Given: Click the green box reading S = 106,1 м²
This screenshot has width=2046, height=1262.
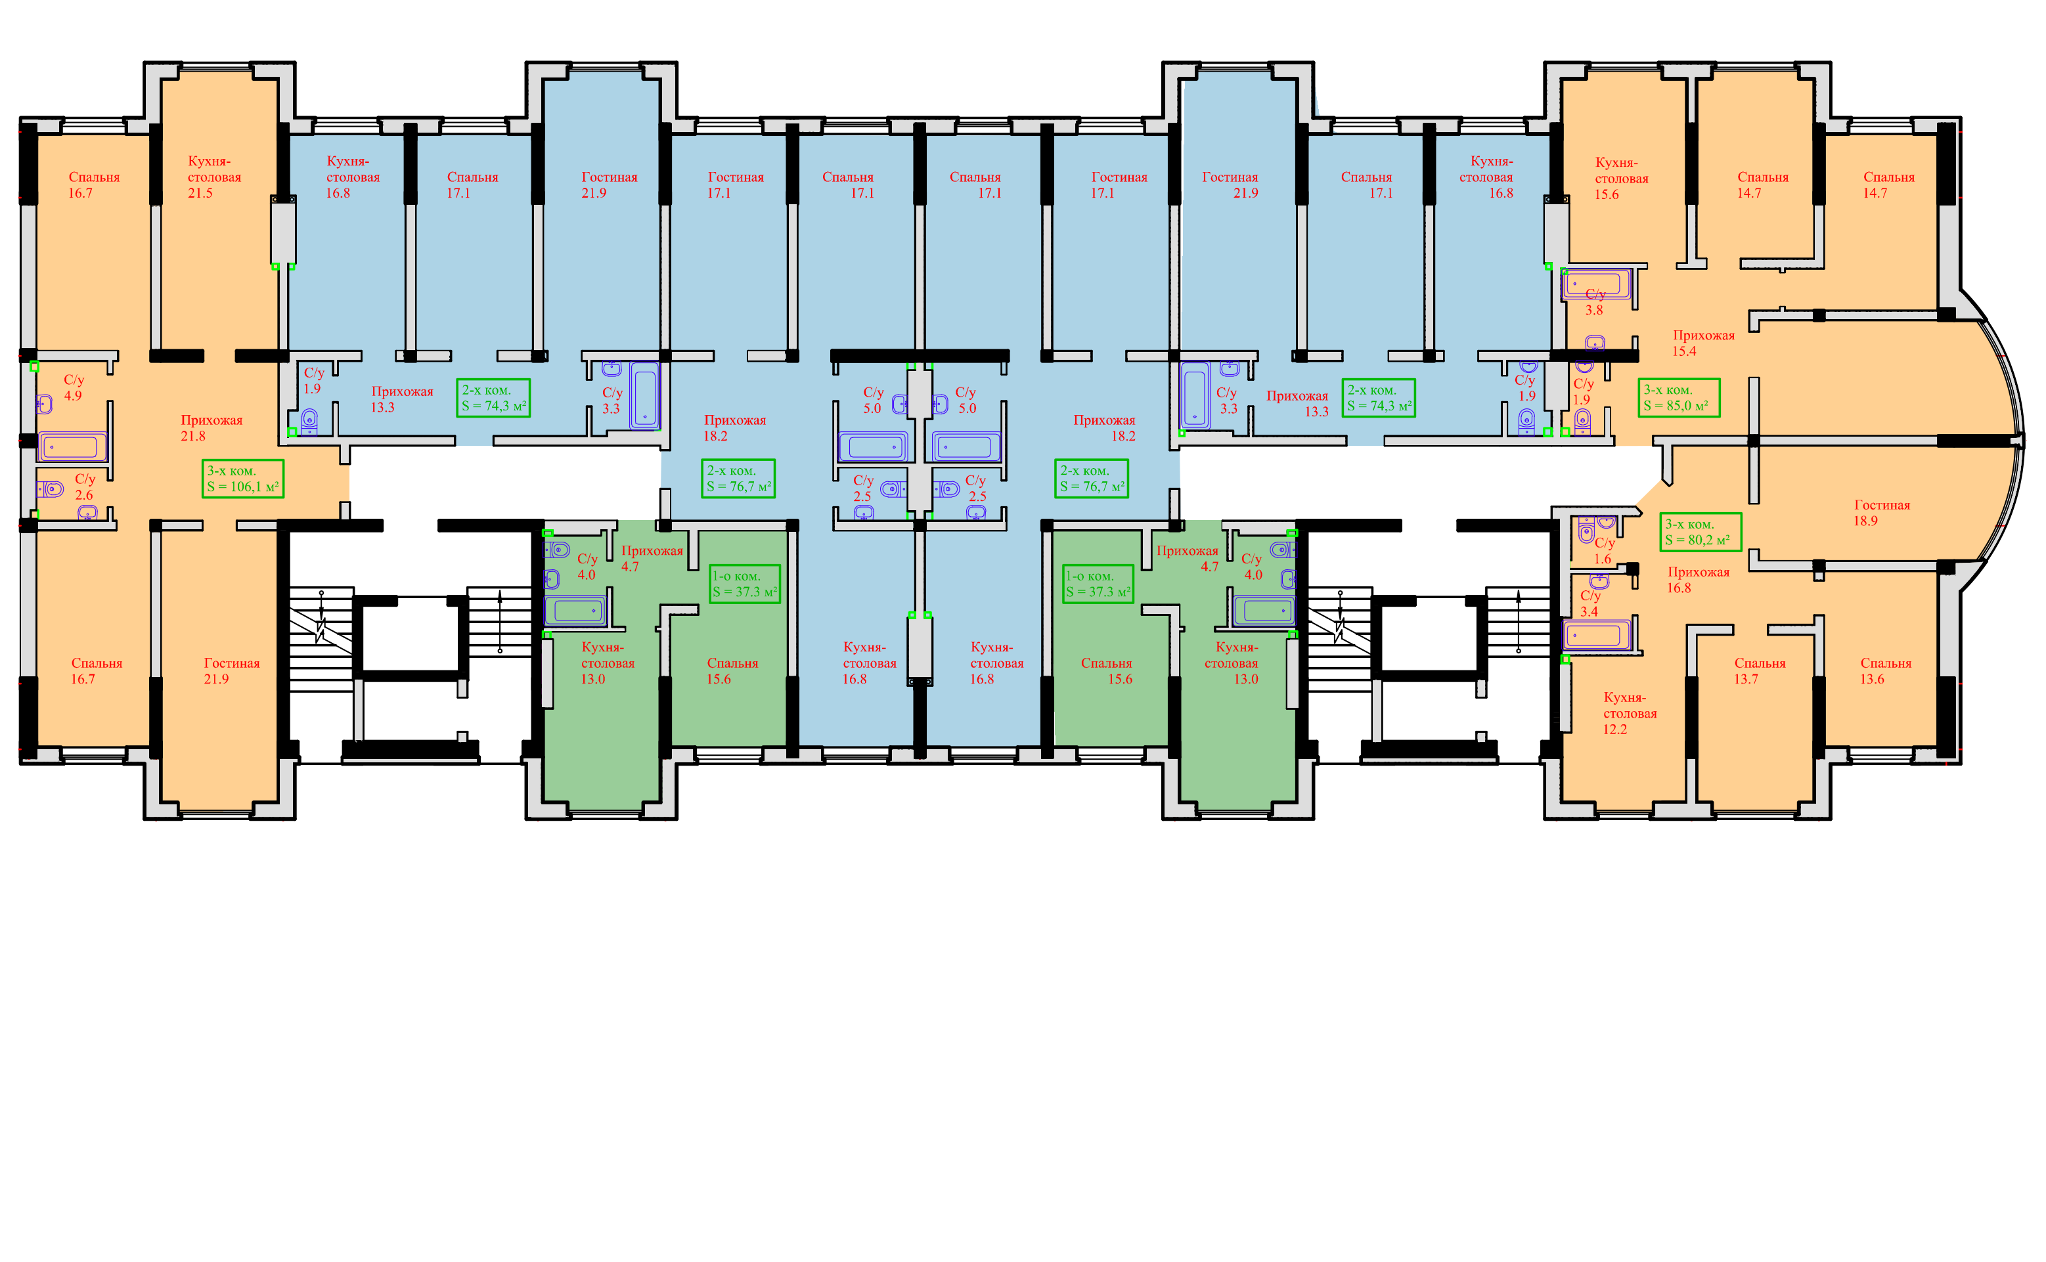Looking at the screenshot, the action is click(x=243, y=479).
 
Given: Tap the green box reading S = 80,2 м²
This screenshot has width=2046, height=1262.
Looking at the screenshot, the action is click(x=1701, y=532).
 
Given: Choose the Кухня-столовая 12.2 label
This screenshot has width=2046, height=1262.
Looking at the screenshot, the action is click(x=1630, y=713).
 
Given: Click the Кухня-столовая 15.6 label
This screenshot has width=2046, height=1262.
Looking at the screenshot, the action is click(x=1621, y=178).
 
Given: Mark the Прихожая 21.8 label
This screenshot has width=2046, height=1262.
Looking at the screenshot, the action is click(x=211, y=427).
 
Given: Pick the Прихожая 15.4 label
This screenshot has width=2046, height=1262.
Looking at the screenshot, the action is click(x=1703, y=343).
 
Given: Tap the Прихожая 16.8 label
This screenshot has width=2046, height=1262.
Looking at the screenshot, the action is click(x=1698, y=579).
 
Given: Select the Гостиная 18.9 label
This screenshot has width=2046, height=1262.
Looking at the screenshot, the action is click(x=1882, y=512).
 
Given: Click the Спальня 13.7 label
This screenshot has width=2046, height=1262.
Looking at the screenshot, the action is click(x=1759, y=671).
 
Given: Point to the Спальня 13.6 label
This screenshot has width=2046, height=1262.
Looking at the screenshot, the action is click(x=1885, y=671).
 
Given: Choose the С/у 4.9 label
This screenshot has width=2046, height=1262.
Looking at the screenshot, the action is click(x=74, y=387).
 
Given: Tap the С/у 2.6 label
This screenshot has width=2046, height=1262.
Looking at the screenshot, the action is click(x=84, y=487).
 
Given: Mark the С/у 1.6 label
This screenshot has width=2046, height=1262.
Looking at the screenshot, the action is click(x=1603, y=551).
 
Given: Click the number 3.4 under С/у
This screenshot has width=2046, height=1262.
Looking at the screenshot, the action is click(x=1589, y=612).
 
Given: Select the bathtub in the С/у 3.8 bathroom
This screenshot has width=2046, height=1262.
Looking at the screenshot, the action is click(x=1595, y=284).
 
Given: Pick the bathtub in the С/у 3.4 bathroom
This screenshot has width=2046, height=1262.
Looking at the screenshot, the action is click(x=1595, y=635).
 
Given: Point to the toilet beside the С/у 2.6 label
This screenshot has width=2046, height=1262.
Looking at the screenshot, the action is click(x=51, y=489).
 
